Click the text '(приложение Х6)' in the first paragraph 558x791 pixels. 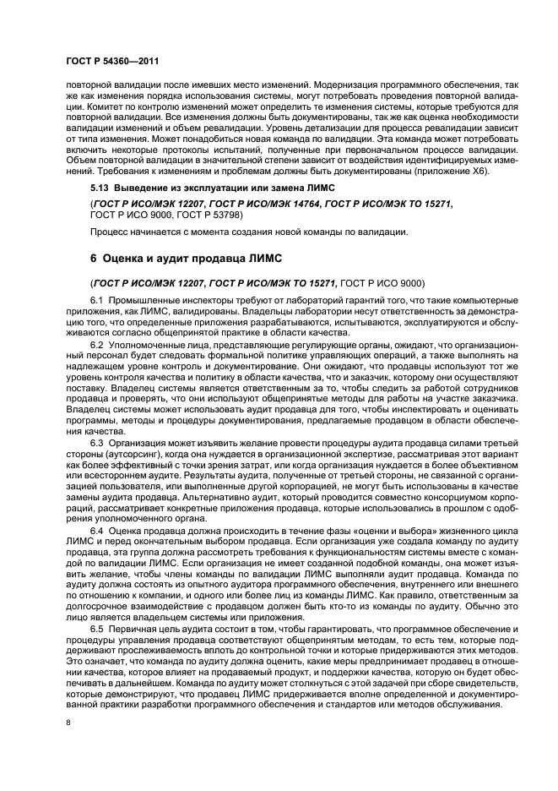tap(458, 172)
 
